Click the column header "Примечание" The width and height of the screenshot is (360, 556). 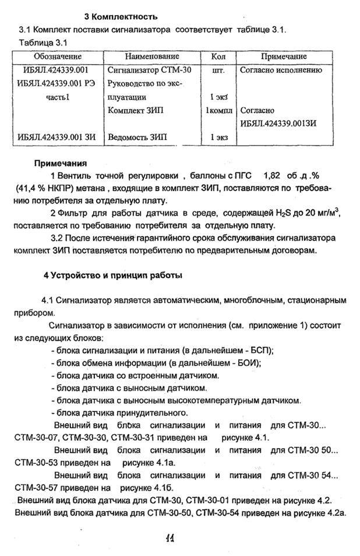pos(284,57)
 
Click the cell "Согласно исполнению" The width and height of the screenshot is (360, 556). pos(281,70)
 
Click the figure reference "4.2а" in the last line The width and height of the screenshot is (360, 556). pos(336,512)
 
